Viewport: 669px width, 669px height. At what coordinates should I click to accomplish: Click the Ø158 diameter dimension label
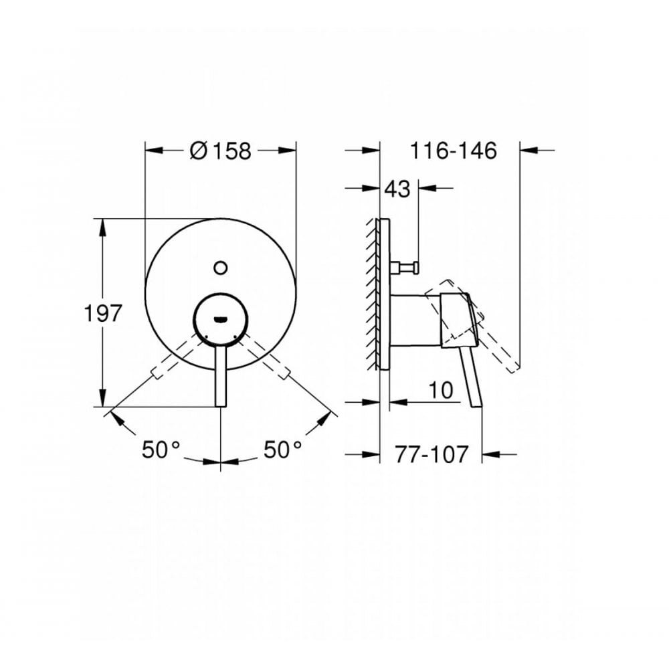(220, 151)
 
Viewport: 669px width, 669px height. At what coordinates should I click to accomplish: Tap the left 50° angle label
(161, 449)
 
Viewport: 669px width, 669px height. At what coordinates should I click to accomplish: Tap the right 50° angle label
(282, 449)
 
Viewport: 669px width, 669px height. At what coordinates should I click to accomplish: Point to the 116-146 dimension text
(454, 151)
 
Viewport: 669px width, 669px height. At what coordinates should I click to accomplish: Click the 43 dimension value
(397, 189)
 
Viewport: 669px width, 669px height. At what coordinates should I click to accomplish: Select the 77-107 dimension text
(430, 454)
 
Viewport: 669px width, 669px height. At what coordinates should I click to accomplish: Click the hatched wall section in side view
(371, 294)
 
